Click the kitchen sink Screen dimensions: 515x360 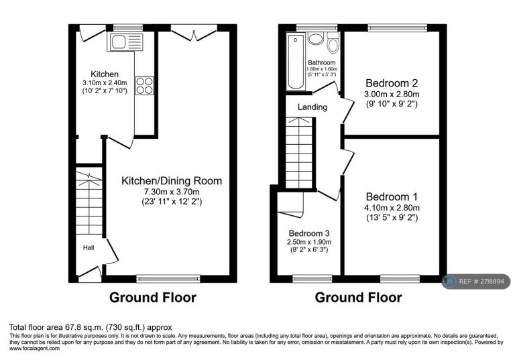click(125, 42)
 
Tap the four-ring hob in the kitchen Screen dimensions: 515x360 click(144, 85)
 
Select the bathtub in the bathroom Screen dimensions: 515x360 click(296, 62)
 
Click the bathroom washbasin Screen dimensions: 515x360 click(316, 38)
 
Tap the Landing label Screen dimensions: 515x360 click(312, 107)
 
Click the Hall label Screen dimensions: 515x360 click(89, 247)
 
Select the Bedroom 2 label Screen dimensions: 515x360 click(392, 83)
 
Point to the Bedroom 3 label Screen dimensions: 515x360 click(309, 233)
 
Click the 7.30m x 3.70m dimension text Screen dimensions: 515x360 click(172, 192)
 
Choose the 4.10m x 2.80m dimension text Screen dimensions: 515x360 click(392, 208)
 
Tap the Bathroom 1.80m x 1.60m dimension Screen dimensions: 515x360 click(322, 69)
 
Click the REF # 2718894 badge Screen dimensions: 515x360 click(476, 282)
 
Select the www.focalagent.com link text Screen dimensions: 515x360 click(34, 349)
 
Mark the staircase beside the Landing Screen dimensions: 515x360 click(299, 153)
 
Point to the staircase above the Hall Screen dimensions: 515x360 click(89, 202)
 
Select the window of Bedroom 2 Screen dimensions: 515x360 click(398, 28)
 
